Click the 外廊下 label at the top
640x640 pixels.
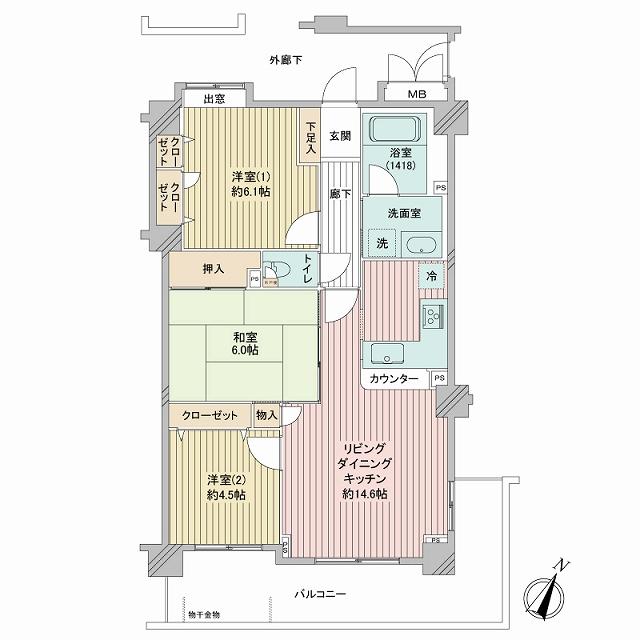[x=286, y=61]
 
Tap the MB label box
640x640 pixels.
[x=413, y=96]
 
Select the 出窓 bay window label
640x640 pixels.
[x=213, y=98]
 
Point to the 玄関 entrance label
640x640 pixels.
[x=340, y=136]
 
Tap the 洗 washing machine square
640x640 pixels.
[x=381, y=243]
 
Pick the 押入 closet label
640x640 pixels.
[x=213, y=269]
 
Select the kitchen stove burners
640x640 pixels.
[x=434, y=317]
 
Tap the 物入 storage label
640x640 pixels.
[x=265, y=414]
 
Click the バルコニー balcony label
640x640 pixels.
[x=319, y=595]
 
